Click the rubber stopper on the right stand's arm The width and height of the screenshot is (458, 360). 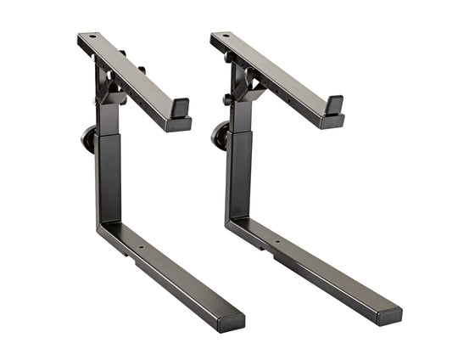point(334,104)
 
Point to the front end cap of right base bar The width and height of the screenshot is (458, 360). point(389,316)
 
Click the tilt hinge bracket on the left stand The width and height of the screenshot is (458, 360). point(110,85)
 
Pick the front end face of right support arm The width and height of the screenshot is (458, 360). point(332,121)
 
